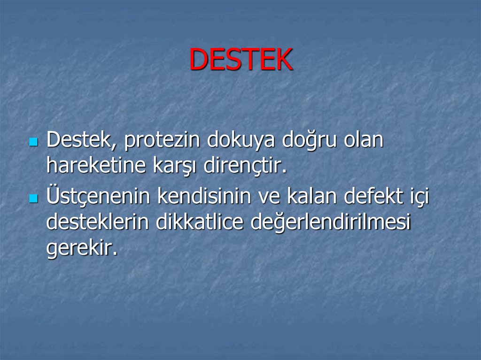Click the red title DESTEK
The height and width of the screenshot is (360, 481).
[241, 60]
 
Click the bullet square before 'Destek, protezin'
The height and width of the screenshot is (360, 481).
[33, 142]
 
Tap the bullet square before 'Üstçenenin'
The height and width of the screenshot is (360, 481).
[33, 199]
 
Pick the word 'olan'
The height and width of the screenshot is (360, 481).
[363, 140]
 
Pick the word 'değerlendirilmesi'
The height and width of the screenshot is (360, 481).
[331, 222]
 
